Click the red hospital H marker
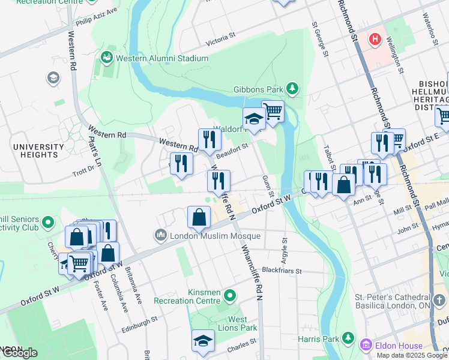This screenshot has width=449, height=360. coord(375,39)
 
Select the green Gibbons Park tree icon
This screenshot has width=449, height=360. coord(292,89)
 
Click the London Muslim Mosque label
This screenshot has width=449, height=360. coord(216,236)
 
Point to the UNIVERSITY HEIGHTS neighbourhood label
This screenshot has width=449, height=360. coord(38,151)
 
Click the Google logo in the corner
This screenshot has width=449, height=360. coord(19,352)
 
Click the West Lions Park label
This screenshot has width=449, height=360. coord(238,323)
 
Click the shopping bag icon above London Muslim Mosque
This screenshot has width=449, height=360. coord(199,217)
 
